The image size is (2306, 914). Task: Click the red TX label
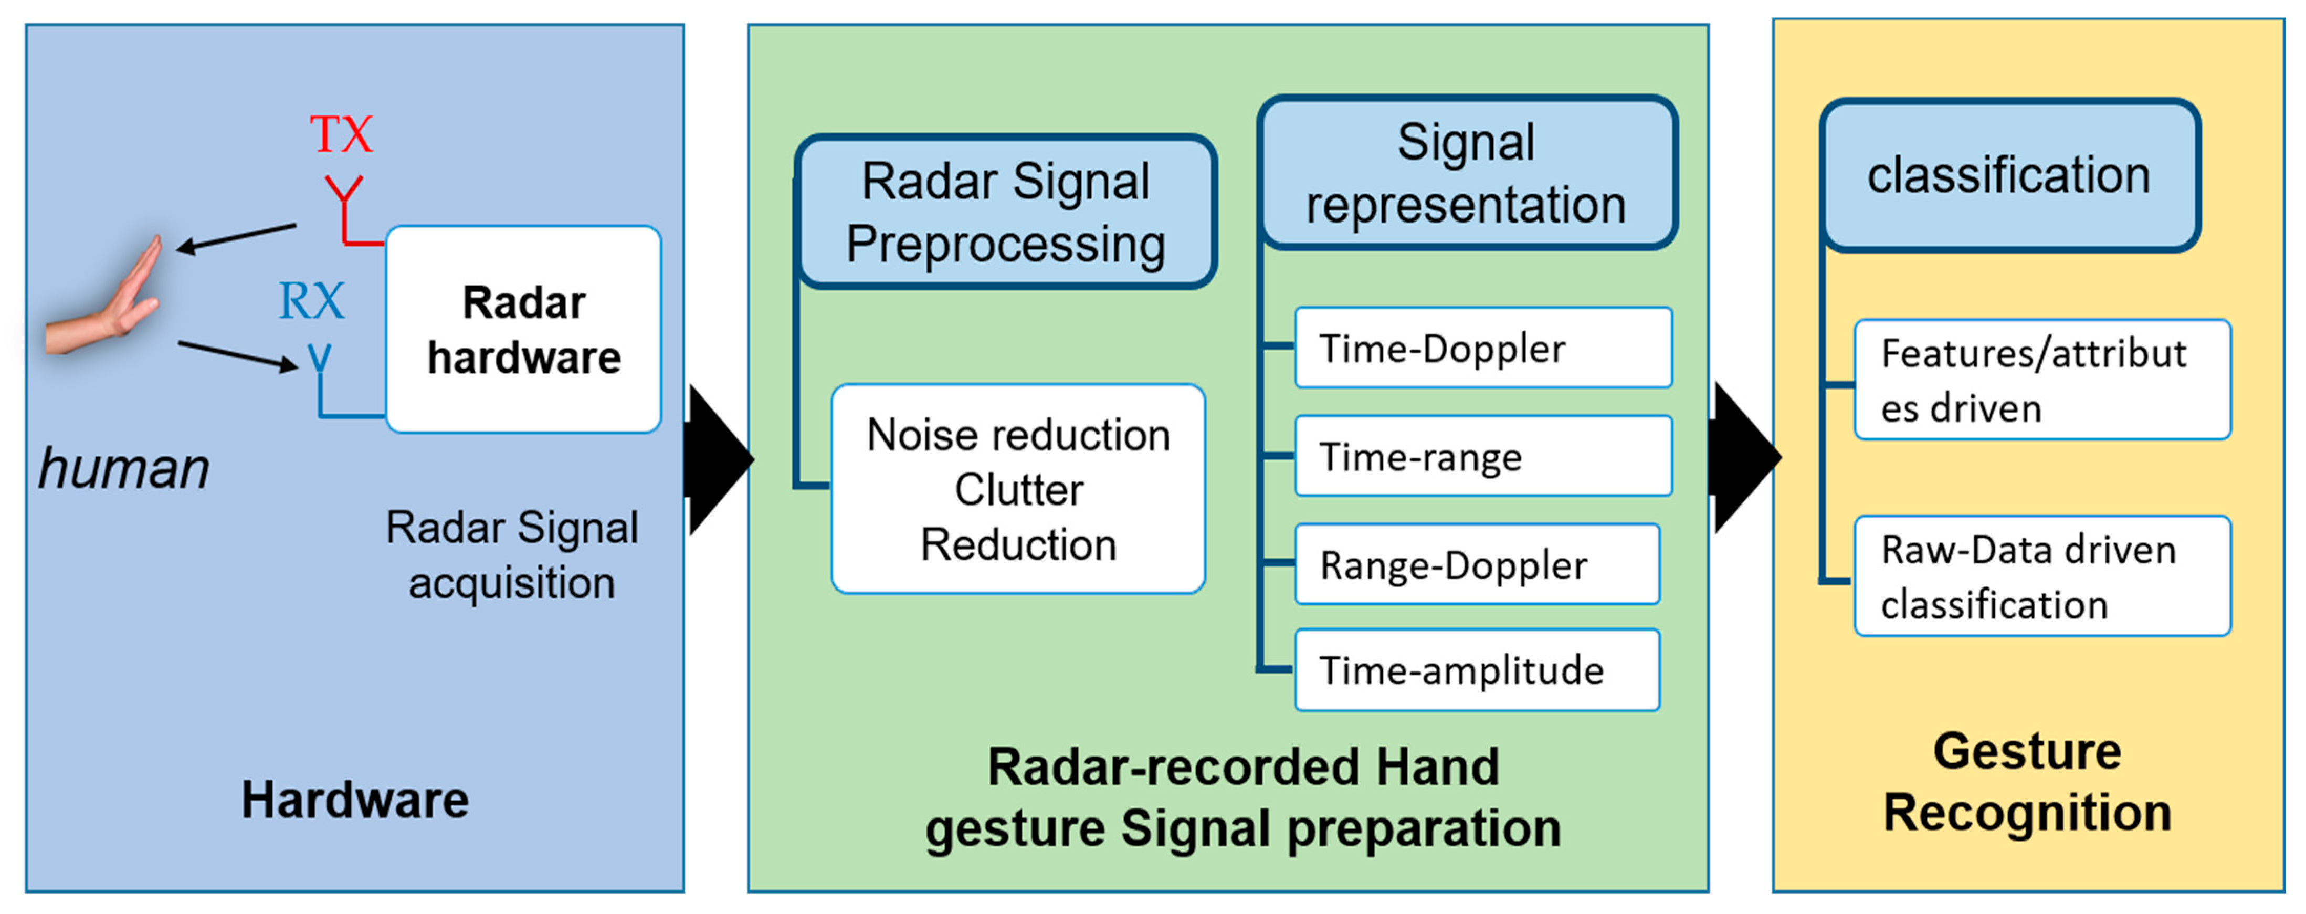point(341,134)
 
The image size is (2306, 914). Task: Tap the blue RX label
point(311,301)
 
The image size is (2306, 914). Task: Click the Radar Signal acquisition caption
point(512,555)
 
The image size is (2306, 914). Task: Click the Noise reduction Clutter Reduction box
point(1018,489)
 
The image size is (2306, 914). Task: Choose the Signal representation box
point(1466,173)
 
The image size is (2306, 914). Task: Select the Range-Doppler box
point(1477,565)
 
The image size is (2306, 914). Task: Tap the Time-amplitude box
point(1477,670)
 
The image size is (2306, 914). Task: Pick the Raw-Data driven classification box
point(2042,576)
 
